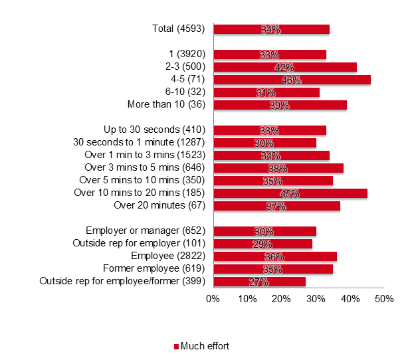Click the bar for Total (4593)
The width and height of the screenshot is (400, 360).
pos(271,29)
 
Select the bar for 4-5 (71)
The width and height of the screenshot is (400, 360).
pos(292,80)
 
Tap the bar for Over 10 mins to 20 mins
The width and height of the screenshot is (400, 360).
pos(290,193)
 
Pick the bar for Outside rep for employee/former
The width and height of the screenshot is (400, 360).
pos(259,282)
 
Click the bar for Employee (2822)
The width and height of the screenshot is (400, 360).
pos(274,256)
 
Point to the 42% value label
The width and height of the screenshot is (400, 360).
pos(284,67)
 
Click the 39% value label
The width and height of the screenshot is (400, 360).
pos(280,105)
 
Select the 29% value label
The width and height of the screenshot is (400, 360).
pos(262,244)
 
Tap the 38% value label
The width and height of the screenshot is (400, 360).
pos(278,168)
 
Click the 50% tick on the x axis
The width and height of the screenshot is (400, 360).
pos(384,300)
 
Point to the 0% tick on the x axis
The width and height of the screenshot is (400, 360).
pos(213,300)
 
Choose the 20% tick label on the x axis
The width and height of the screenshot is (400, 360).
pos(282,300)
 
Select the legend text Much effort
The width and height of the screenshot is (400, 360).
pos(205,346)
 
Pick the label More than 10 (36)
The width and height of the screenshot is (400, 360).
pos(167,105)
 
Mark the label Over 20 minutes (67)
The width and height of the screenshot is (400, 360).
pos(160,206)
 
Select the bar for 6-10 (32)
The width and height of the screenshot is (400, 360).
pos(266,92)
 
